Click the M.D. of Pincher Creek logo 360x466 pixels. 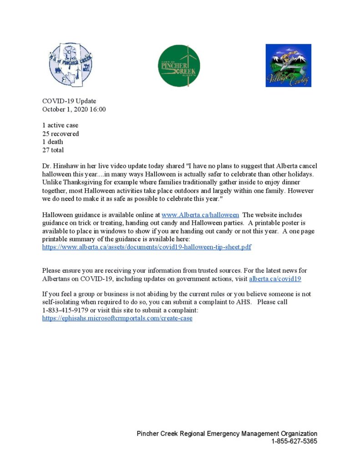coord(71,65)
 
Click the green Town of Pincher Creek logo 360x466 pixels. coord(179,66)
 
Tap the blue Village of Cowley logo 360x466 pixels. coord(288,65)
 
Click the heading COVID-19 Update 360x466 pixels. coord(69,101)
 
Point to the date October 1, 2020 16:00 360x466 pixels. coord(74,109)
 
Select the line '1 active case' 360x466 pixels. coord(60,125)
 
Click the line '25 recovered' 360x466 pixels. coord(61,133)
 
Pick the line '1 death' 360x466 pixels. coord(53,142)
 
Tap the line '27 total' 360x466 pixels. coord(53,150)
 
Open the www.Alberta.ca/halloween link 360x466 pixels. coord(200,215)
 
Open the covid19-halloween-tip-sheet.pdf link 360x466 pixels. coord(147,247)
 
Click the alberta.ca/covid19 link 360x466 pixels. coord(275,279)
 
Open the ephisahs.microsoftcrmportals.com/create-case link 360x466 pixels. coord(117,318)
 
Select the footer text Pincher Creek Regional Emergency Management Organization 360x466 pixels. coord(227,434)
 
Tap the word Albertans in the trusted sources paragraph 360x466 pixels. coord(57,279)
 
